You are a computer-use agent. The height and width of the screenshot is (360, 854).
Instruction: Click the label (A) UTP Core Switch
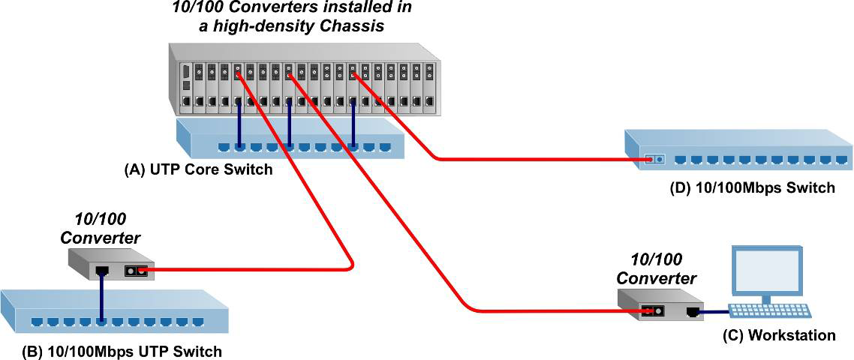pos(198,169)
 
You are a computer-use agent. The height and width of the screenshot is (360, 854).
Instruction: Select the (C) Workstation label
pos(778,335)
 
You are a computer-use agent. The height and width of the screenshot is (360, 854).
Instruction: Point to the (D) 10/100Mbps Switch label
pos(752,187)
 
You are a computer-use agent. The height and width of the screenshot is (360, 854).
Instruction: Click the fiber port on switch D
pos(654,159)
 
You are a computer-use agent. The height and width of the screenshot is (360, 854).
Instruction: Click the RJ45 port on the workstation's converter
pos(693,311)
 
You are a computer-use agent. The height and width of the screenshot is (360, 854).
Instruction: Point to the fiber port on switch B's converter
pos(134,270)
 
